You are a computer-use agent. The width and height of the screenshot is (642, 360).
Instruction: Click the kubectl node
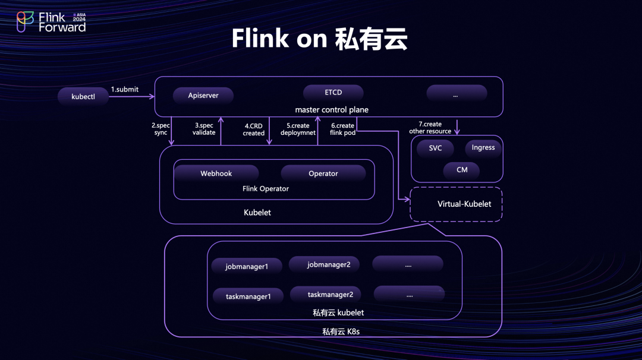click(x=83, y=97)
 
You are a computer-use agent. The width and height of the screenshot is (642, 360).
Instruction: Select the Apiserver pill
click(x=203, y=95)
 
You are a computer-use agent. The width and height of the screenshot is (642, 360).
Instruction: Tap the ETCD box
click(x=333, y=93)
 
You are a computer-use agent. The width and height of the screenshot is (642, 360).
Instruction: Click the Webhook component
click(x=216, y=173)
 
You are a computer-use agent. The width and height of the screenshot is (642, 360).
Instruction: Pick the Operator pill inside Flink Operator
click(x=323, y=173)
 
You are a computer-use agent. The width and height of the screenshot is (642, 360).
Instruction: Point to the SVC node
click(x=435, y=148)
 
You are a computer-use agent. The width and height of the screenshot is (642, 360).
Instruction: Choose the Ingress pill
click(x=483, y=147)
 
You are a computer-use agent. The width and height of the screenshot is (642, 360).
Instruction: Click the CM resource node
click(x=462, y=170)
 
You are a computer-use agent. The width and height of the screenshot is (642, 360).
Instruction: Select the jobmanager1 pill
click(x=247, y=266)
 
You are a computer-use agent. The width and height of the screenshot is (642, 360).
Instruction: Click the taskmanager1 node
click(x=248, y=296)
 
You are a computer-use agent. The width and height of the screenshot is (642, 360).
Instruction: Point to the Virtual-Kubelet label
click(x=464, y=204)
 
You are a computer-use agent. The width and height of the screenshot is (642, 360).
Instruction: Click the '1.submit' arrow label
click(x=124, y=89)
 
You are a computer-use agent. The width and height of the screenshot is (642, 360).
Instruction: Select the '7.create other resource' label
click(x=430, y=128)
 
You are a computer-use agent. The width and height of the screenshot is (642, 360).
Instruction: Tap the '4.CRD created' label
click(x=253, y=130)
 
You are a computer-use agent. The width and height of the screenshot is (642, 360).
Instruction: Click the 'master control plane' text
click(x=332, y=110)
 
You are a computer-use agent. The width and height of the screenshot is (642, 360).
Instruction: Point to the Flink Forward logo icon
click(x=24, y=21)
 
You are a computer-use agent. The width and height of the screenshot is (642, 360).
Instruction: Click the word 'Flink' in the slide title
click(x=260, y=39)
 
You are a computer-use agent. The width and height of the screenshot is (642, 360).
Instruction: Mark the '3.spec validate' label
click(x=204, y=129)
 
